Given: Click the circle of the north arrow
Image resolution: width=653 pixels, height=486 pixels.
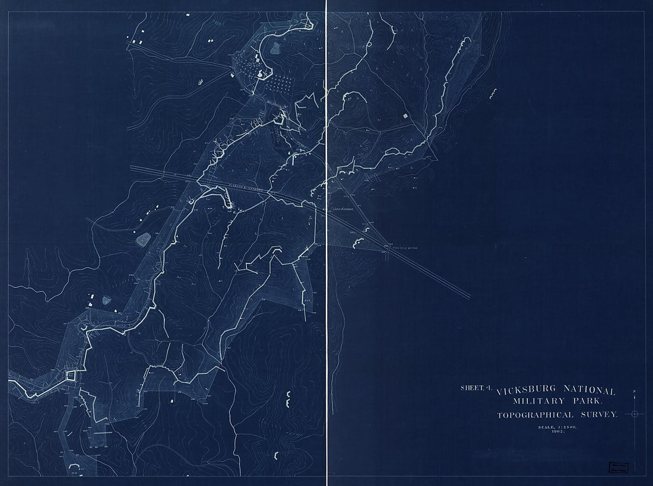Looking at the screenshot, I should coord(635,414).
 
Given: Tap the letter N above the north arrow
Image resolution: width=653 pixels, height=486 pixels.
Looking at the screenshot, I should coord(635,392).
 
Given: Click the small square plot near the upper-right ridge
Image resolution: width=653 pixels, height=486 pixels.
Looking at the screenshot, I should coord(406,116).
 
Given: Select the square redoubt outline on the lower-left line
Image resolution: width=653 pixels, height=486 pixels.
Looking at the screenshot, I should coord(72,375).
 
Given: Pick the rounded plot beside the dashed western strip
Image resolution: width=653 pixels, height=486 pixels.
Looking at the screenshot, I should coord(143,239).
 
